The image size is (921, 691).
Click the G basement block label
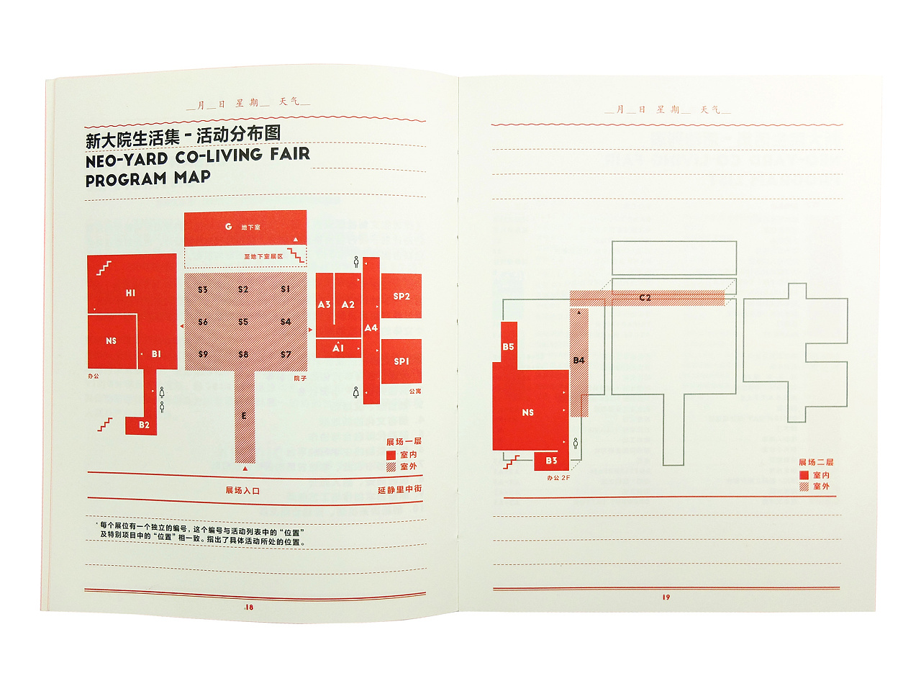pyautogui.click(x=228, y=227)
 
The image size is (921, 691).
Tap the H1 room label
pyautogui.click(x=130, y=293)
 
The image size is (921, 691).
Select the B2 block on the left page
pyautogui.click(x=144, y=425)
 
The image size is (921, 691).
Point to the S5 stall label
pyautogui.click(x=243, y=322)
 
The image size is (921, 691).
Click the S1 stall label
pyautogui.click(x=286, y=289)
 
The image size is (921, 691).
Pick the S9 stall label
pyautogui.click(x=203, y=354)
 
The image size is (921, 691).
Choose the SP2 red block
pyautogui.click(x=401, y=296)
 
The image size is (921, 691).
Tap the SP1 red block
pyautogui.click(x=401, y=361)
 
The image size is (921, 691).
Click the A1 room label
pyautogui.click(x=338, y=348)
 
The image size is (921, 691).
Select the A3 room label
pyautogui.click(x=325, y=304)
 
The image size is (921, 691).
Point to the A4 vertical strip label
pyautogui.click(x=371, y=328)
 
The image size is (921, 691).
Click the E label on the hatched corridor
pyautogui.click(x=245, y=416)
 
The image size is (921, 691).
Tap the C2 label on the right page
pyautogui.click(x=645, y=297)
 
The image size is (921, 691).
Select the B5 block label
pyautogui.click(x=509, y=347)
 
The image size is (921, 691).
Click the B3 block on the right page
pyautogui.click(x=551, y=461)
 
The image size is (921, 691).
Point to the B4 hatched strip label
pyautogui.click(x=579, y=361)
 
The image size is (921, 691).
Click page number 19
pyautogui.click(x=666, y=597)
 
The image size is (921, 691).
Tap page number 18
pyautogui.click(x=249, y=608)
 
